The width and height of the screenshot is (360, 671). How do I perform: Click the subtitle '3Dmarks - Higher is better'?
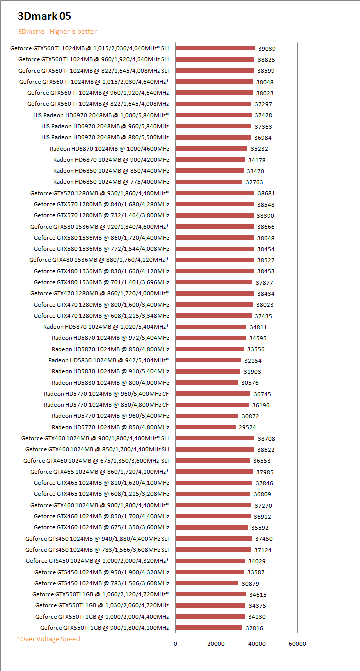[x=57, y=31]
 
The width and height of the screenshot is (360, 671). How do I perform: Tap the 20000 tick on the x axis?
[x=216, y=644]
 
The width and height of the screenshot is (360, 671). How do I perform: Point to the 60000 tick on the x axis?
[x=297, y=644]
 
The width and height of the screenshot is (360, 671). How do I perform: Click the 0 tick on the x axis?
[x=175, y=644]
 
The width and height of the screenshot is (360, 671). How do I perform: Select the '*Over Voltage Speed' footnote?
[x=48, y=639]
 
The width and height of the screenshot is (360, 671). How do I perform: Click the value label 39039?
[x=267, y=49]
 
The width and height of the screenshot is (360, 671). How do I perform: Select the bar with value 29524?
[x=205, y=427]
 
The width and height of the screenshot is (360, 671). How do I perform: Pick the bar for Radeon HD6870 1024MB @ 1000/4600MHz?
[x=211, y=149]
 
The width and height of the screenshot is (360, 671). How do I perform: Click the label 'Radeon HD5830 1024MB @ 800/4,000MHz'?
[x=110, y=383]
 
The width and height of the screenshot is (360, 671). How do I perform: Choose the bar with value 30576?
[x=206, y=383]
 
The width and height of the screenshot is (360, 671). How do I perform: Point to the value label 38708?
[x=266, y=439]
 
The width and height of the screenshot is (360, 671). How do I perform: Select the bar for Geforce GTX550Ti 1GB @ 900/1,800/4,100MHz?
[x=209, y=628]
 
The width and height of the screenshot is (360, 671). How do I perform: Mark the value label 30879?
[x=250, y=584]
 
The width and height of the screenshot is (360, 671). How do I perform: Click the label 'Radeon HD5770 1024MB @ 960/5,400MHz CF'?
[x=106, y=394]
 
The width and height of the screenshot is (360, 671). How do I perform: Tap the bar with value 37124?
[x=213, y=550]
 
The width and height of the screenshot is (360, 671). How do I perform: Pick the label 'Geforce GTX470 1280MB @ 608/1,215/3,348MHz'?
[x=101, y=316]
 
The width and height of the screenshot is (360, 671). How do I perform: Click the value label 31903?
[x=252, y=372]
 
